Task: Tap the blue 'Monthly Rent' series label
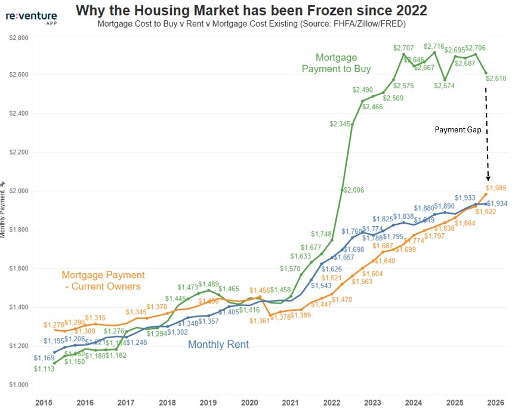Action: point(218,344)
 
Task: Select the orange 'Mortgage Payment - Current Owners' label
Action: point(103,280)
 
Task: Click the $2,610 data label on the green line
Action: point(495,78)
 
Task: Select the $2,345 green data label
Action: point(340,124)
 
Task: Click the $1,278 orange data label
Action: point(55,325)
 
